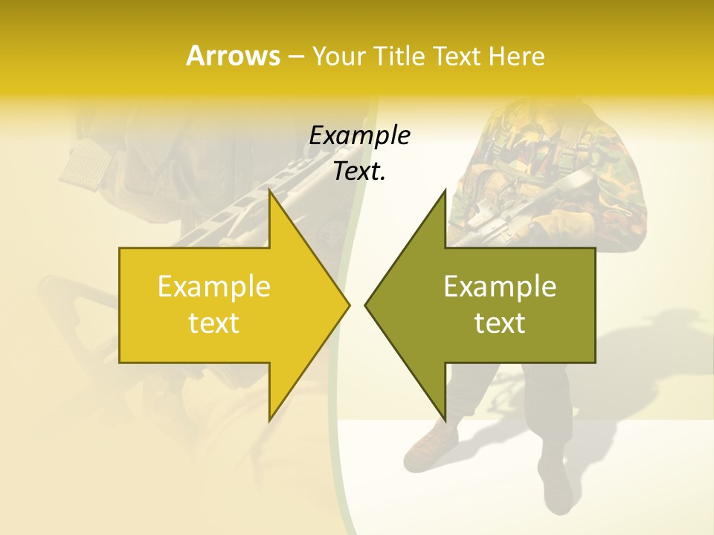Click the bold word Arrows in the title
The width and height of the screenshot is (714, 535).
click(234, 56)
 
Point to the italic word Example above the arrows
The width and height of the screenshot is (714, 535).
click(359, 136)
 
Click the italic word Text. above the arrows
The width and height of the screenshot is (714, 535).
click(359, 171)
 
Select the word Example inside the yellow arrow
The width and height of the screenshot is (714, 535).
click(214, 287)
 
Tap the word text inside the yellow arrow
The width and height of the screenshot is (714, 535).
click(214, 323)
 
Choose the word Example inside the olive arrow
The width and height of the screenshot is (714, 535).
click(500, 287)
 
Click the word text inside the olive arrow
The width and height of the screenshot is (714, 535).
click(500, 323)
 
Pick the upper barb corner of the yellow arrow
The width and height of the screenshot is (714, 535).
click(270, 192)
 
